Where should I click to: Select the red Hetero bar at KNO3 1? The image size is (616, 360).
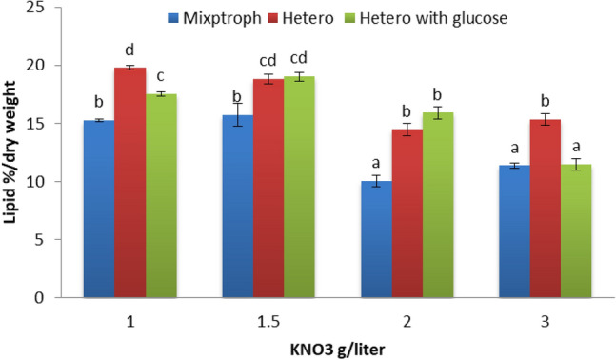(x=129, y=182)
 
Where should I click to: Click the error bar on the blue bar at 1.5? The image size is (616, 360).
(x=238, y=115)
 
